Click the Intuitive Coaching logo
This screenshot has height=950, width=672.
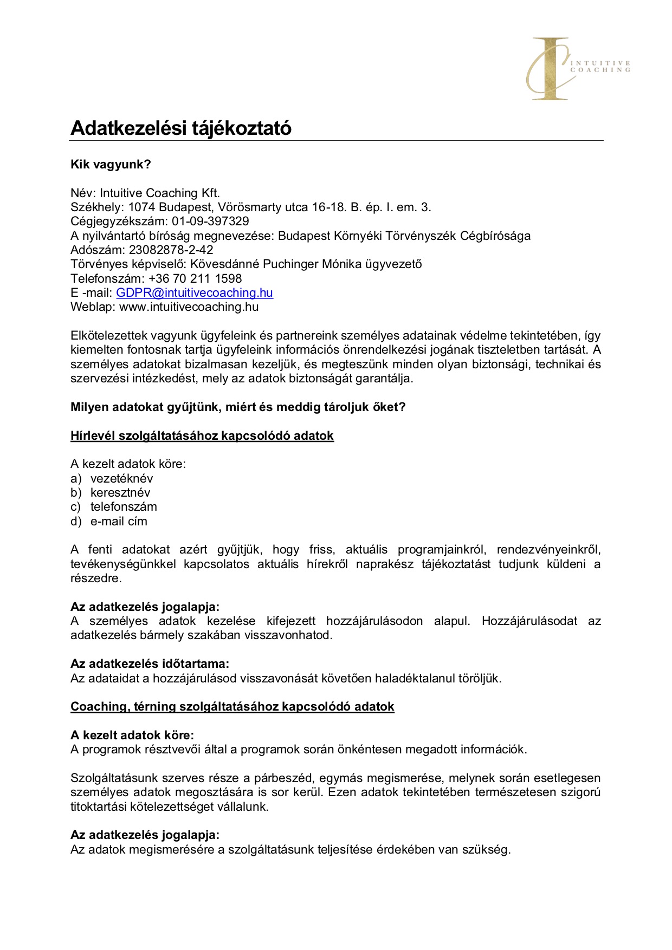[577, 68]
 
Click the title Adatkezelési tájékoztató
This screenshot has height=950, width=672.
[181, 128]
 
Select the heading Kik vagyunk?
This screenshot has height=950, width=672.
[111, 165]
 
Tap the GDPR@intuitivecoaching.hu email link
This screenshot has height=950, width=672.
[195, 293]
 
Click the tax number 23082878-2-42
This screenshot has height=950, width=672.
[171, 250]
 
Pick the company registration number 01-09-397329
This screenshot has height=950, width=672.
[211, 222]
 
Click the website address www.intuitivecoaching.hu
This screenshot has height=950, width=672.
[189, 307]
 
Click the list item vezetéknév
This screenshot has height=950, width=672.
[122, 479]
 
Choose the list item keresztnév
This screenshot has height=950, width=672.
[120, 493]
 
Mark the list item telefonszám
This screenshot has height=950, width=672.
[124, 507]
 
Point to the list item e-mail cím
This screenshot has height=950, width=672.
[119, 522]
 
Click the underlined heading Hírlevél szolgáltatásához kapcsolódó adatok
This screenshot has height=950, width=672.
[202, 436]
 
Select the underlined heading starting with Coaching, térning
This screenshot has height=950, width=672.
[232, 707]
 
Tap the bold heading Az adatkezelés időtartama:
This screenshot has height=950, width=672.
[150, 664]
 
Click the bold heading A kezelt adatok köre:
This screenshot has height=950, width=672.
[132, 736]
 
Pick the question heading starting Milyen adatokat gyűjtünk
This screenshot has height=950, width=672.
[238, 407]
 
